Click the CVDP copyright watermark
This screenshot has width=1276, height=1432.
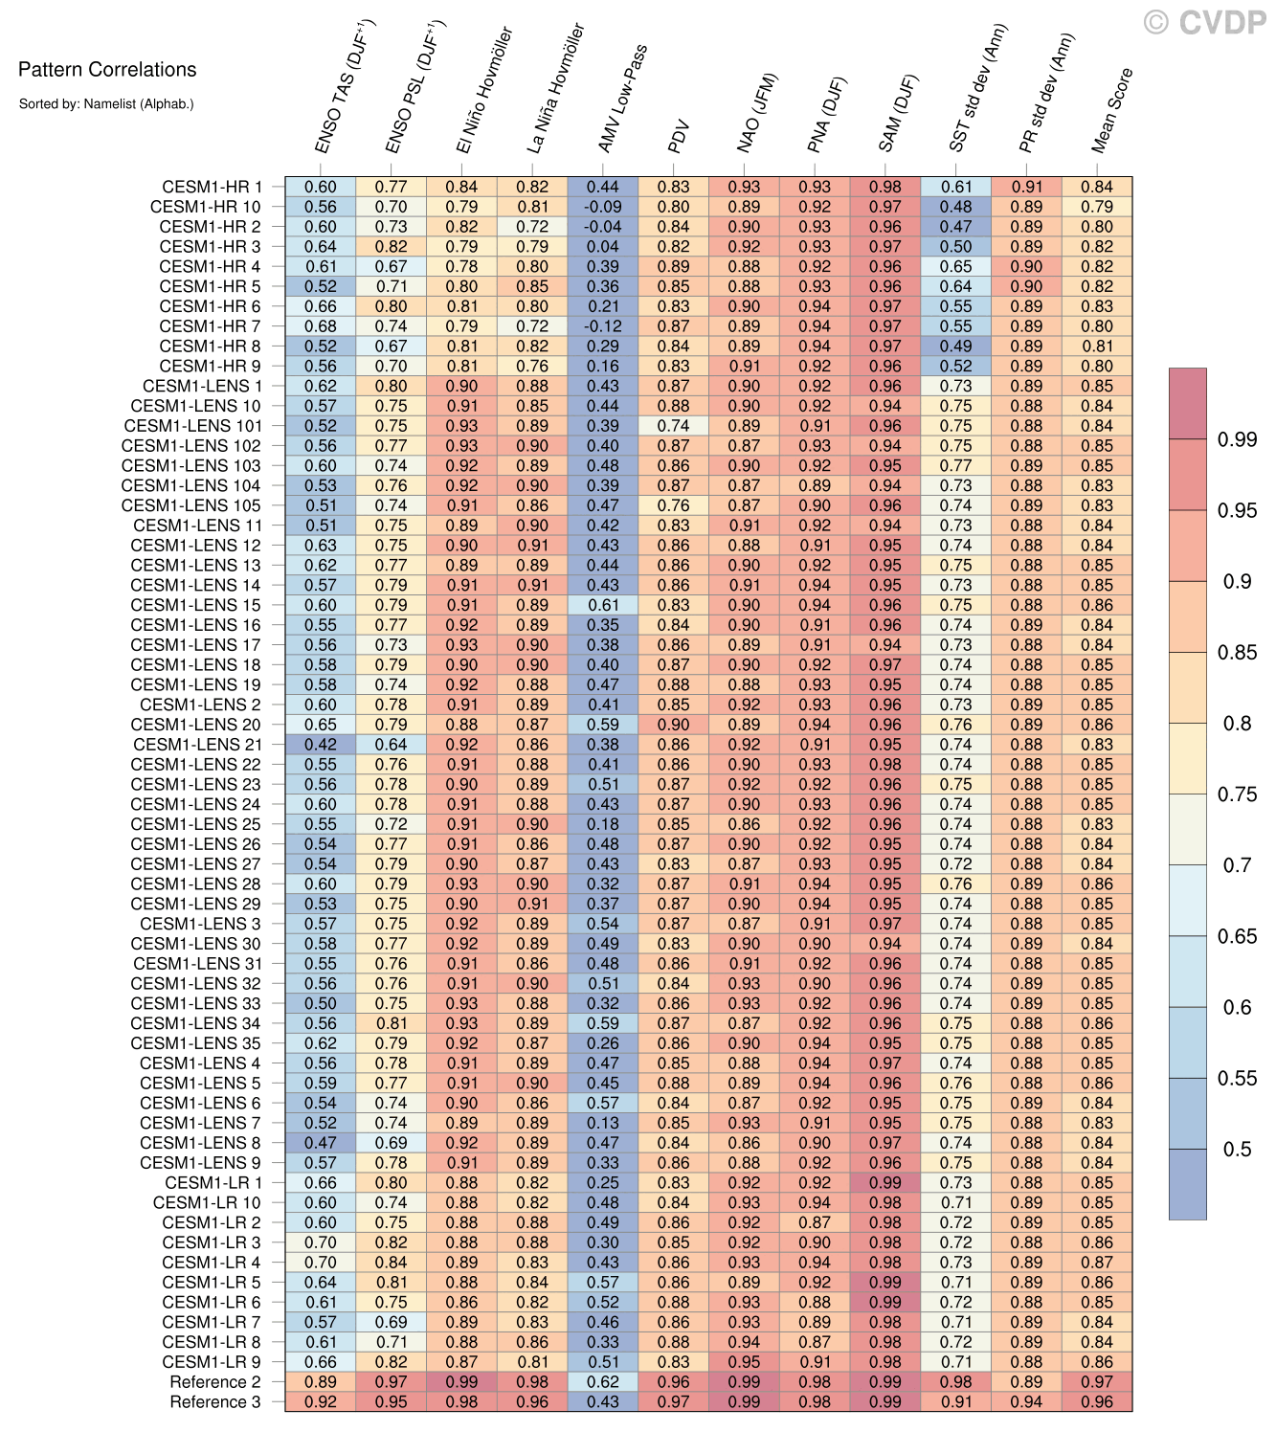1205,22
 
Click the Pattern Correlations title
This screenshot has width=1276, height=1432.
107,70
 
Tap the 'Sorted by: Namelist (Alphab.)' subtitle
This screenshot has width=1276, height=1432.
106,103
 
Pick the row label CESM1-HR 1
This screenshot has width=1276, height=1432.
212,188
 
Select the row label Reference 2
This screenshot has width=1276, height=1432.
215,1382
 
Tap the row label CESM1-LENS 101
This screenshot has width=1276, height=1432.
192,426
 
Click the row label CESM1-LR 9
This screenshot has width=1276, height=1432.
212,1362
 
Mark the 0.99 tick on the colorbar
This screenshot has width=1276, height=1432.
1237,439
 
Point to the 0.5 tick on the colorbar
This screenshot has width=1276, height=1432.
1238,1150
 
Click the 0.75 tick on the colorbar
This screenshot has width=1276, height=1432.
1237,794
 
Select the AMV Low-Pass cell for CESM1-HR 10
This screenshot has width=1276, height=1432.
603,207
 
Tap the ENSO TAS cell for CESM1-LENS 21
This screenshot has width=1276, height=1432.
321,745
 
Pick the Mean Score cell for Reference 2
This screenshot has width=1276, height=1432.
1097,1382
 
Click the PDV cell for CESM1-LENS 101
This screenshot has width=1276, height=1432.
674,426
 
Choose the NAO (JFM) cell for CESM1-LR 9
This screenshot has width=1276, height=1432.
745,1362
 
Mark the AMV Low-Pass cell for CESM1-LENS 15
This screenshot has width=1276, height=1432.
603,605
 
